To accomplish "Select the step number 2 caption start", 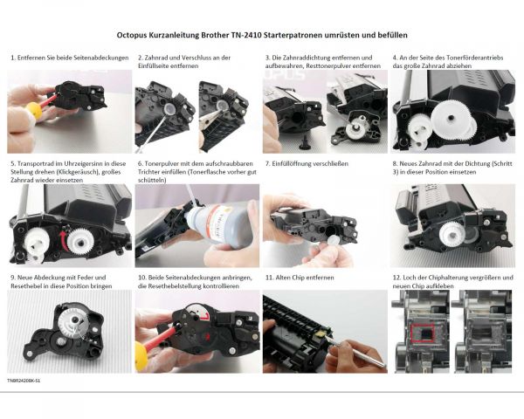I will (140, 58).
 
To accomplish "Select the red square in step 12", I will (424, 334).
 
